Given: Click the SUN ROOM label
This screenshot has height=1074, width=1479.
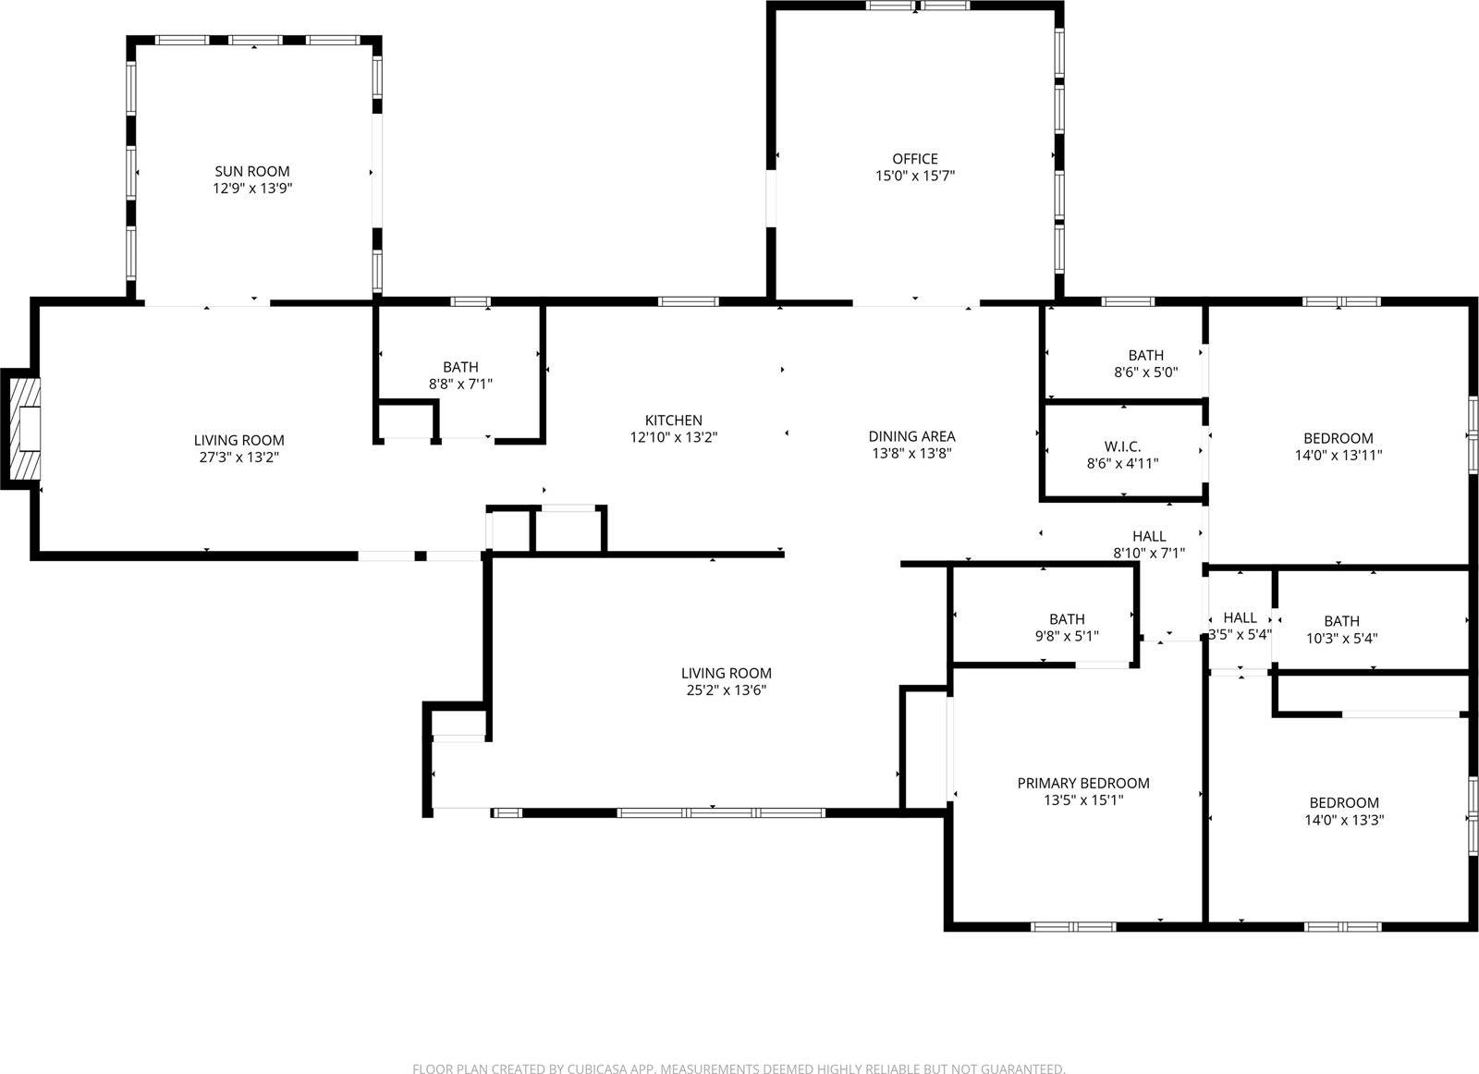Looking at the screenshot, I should click(251, 171).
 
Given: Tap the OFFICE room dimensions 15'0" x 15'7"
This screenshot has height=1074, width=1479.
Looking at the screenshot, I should click(914, 176).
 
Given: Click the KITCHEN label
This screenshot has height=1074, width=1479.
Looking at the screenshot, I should click(673, 421).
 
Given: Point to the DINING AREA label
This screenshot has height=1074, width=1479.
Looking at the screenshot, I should click(911, 436).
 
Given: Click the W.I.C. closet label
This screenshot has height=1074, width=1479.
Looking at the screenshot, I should click(1122, 446).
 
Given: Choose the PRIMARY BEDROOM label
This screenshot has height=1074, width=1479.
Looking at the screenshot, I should click(1082, 784).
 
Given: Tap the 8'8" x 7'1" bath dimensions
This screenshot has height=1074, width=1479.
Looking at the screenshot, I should click(460, 384).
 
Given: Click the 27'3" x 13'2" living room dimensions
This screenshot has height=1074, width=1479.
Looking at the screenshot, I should click(238, 458).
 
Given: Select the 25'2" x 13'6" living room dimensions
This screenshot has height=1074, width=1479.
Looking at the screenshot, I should click(726, 690).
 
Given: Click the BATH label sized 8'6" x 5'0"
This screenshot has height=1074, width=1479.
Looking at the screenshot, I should click(1145, 355).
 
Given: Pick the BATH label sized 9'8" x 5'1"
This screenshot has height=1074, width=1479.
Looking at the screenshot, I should click(1067, 619).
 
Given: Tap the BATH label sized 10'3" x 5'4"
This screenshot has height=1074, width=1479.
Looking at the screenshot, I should click(1340, 621).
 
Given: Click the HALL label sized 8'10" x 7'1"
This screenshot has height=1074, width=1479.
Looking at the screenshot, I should click(1149, 536).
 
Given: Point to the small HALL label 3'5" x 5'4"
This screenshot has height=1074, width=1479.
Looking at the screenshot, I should click(1240, 617).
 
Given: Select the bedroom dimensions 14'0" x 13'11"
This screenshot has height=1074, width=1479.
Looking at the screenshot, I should click(1338, 456).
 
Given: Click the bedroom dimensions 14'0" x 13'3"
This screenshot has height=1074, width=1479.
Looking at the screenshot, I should click(1343, 820).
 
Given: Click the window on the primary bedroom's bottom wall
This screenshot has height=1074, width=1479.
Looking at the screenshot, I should click(1073, 926).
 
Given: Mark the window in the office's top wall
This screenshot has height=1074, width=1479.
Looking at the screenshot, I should click(917, 6).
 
